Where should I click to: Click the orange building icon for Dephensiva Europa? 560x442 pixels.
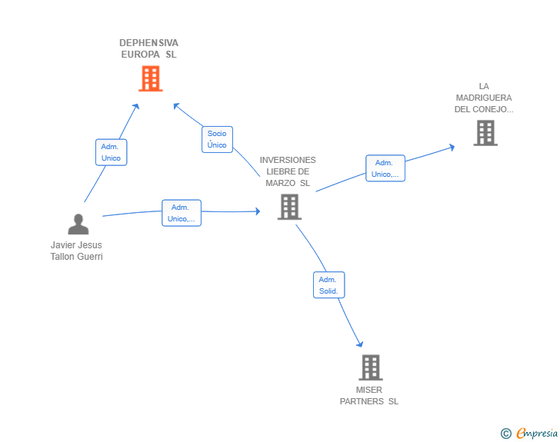[x=151, y=78]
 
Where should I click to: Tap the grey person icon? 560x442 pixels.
[x=78, y=224]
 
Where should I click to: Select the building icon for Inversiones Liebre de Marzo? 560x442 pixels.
[x=290, y=207]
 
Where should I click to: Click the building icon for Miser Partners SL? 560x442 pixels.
[x=371, y=367]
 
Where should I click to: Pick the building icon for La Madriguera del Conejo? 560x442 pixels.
[x=485, y=133]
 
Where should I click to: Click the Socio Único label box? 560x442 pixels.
[x=217, y=139]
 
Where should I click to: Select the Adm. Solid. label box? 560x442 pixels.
[x=329, y=285]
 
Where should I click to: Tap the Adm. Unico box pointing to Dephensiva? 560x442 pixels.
[x=111, y=152]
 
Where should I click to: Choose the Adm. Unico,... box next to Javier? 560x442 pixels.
[x=182, y=213]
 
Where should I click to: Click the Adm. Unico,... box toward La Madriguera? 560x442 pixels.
[x=385, y=168]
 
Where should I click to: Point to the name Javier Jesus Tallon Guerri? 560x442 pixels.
[x=76, y=251]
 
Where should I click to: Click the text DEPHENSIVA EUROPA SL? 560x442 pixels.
[x=149, y=48]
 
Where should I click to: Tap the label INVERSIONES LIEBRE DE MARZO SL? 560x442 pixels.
[x=288, y=171]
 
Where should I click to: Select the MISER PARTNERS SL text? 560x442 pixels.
[x=369, y=396]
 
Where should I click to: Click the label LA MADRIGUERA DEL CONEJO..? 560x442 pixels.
[x=484, y=98]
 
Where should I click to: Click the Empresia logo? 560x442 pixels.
[x=537, y=433]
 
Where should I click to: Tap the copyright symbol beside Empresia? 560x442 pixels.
[x=506, y=434]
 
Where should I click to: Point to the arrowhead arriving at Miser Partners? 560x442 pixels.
[x=360, y=344]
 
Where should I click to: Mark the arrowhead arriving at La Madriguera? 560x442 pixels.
[x=452, y=147]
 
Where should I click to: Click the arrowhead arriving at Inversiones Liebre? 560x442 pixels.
[x=258, y=211]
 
